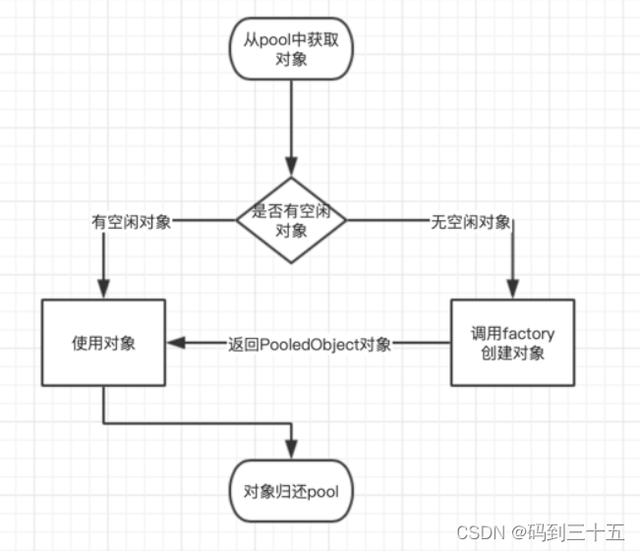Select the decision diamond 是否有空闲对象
pyautogui.click(x=291, y=221)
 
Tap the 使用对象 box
pyautogui.click(x=103, y=343)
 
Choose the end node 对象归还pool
pyautogui.click(x=291, y=490)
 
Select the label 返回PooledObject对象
pyautogui.click(x=310, y=344)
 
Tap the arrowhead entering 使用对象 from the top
pyautogui.click(x=103, y=291)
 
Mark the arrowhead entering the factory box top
pyautogui.click(x=511, y=291)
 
